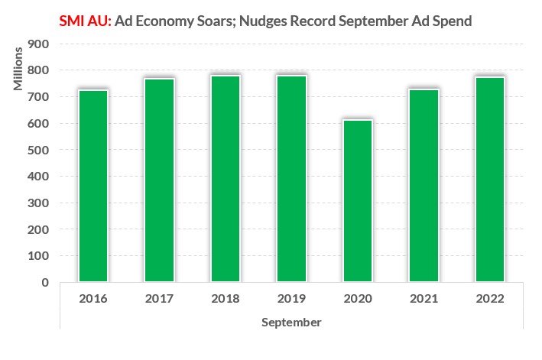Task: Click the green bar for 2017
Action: click(159, 180)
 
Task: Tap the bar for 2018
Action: click(226, 179)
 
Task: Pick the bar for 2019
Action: click(291, 179)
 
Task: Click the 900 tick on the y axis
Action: click(38, 44)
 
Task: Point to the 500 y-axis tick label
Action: click(38, 150)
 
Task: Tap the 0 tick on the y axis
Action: click(45, 282)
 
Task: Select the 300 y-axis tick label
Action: click(38, 203)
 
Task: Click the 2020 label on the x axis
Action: click(357, 299)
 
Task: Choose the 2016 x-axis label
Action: click(93, 299)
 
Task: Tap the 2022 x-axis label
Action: click(489, 299)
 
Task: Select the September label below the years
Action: click(291, 322)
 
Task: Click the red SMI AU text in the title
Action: click(85, 21)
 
